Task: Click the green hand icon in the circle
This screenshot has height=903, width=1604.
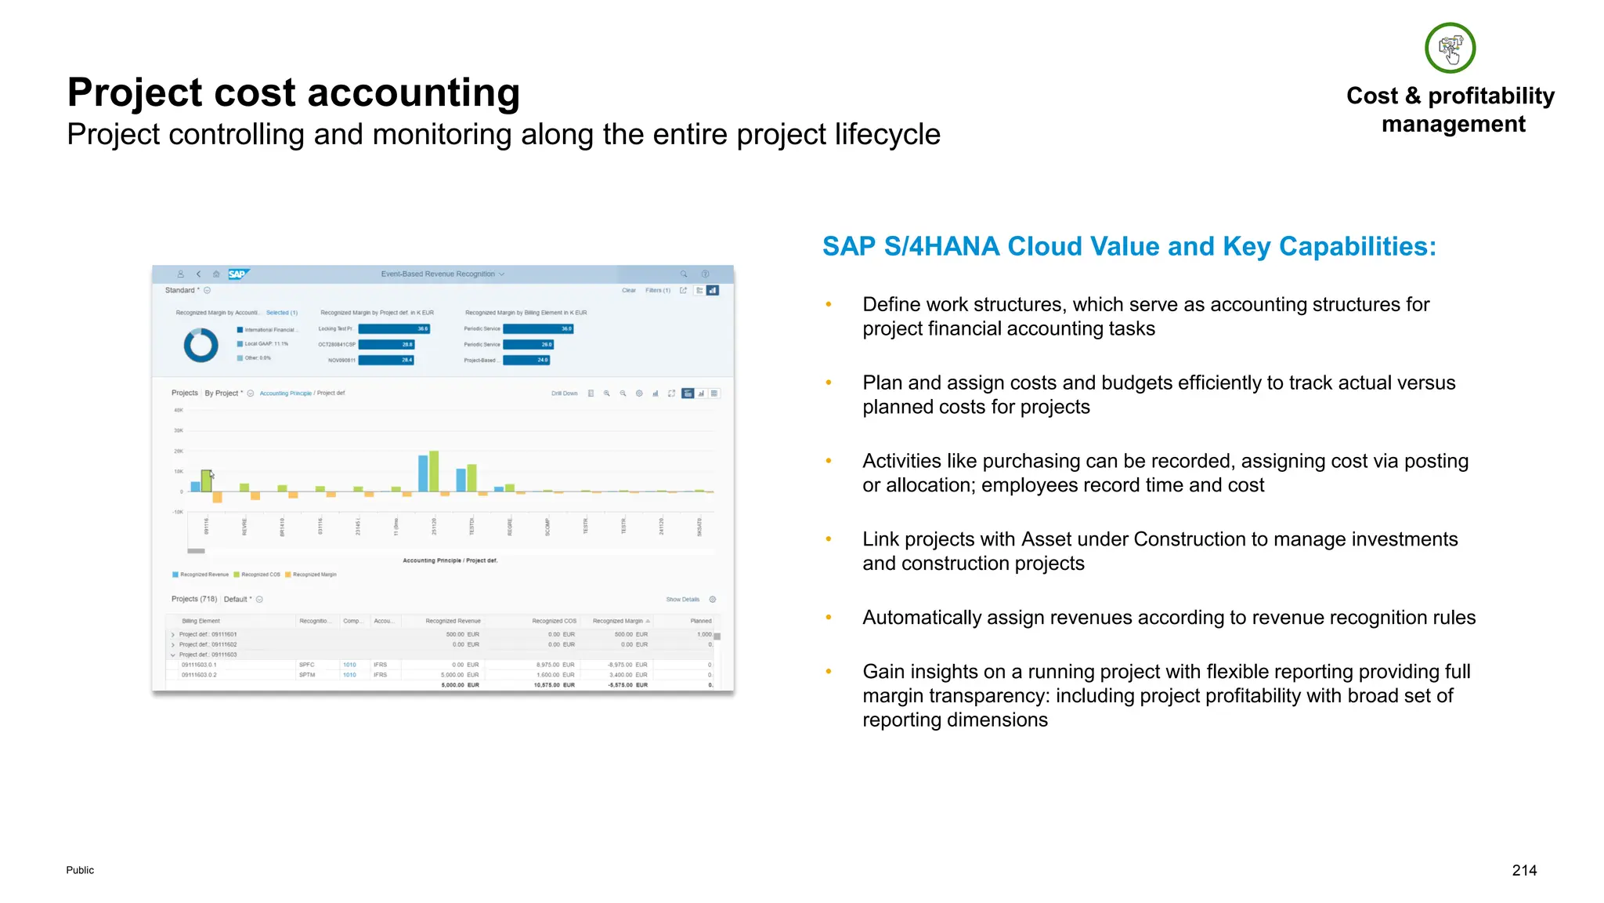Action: (1450, 48)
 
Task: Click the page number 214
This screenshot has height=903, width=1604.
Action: (1523, 870)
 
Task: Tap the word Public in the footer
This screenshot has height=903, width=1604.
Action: (80, 870)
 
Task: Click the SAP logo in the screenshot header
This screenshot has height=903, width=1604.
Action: (237, 274)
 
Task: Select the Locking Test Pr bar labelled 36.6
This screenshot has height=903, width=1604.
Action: (394, 329)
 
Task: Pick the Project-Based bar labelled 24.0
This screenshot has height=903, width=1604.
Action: (526, 360)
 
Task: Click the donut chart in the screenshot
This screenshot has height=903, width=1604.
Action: (200, 345)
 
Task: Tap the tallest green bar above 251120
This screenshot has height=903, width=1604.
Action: (434, 471)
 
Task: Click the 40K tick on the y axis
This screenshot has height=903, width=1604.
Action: (179, 410)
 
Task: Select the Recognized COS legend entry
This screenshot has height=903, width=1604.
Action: (259, 575)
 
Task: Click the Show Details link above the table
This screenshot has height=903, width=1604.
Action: (682, 600)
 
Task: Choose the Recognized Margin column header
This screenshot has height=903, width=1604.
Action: (619, 621)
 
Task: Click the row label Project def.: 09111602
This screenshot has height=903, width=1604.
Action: (208, 644)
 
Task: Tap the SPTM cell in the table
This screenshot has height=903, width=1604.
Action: (306, 675)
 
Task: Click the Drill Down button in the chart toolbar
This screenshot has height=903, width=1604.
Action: (564, 393)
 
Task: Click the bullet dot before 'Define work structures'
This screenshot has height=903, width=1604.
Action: (829, 304)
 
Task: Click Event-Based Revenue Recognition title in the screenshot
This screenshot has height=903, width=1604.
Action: (438, 274)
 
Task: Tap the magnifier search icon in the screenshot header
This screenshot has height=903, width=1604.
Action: (684, 274)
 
